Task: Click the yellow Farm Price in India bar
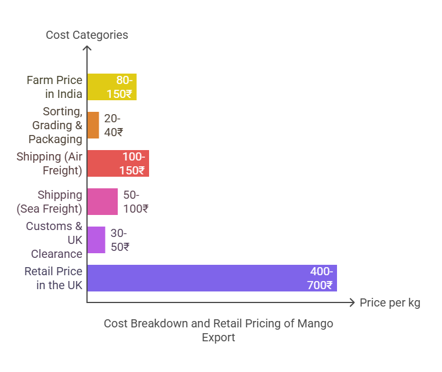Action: coord(99,87)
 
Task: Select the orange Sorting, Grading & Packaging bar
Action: coord(93,125)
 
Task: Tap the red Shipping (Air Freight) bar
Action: coord(104,163)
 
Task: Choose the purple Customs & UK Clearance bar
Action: coord(96,240)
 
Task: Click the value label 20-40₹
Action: coord(114,125)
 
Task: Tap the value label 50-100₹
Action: coord(136,202)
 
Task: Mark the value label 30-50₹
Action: coord(119,240)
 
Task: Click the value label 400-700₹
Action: coord(320,278)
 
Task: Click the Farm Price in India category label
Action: coord(55,87)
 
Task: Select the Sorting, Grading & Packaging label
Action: coord(56,125)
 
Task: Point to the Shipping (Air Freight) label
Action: coord(50,163)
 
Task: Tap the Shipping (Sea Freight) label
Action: coord(52,202)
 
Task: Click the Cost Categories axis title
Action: coord(87,35)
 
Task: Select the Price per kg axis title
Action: coord(390,302)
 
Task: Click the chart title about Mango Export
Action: coord(219,330)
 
